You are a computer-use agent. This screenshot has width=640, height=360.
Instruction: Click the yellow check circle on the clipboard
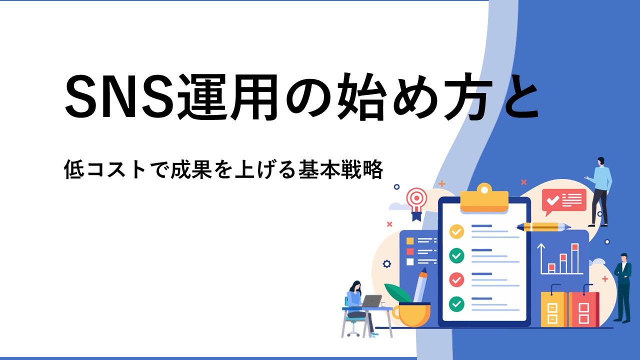[456, 231]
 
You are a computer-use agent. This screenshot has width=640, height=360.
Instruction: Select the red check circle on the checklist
[456, 279]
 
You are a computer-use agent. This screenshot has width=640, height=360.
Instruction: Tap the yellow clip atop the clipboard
[484, 198]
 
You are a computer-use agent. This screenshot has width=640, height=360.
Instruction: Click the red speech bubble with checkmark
[563, 201]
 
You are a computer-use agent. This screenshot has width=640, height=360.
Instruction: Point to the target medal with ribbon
[417, 203]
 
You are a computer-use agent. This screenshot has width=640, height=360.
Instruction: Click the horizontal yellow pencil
[543, 227]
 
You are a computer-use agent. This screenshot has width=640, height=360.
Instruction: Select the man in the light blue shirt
[600, 191]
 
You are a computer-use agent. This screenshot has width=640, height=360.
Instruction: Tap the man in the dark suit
[624, 287]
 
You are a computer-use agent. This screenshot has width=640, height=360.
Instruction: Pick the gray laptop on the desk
[371, 301]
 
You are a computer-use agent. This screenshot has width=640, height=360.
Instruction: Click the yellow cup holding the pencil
[411, 314]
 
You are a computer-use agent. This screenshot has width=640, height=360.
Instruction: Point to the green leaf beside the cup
[398, 293]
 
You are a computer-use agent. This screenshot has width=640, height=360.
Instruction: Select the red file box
[583, 309]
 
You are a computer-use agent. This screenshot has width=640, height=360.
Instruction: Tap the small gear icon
[387, 263]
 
